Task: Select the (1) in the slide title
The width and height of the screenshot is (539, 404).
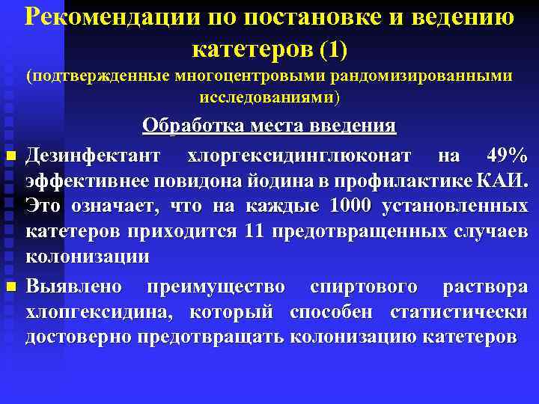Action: point(334,49)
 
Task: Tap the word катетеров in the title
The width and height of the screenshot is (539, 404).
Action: point(252,49)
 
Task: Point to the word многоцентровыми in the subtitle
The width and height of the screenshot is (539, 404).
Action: point(235,76)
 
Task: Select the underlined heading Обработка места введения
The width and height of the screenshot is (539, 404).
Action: point(269,126)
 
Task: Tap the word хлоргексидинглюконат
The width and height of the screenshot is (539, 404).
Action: point(299,156)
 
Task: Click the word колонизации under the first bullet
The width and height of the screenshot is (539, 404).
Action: point(88,256)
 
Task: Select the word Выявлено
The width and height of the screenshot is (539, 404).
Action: point(77,287)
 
